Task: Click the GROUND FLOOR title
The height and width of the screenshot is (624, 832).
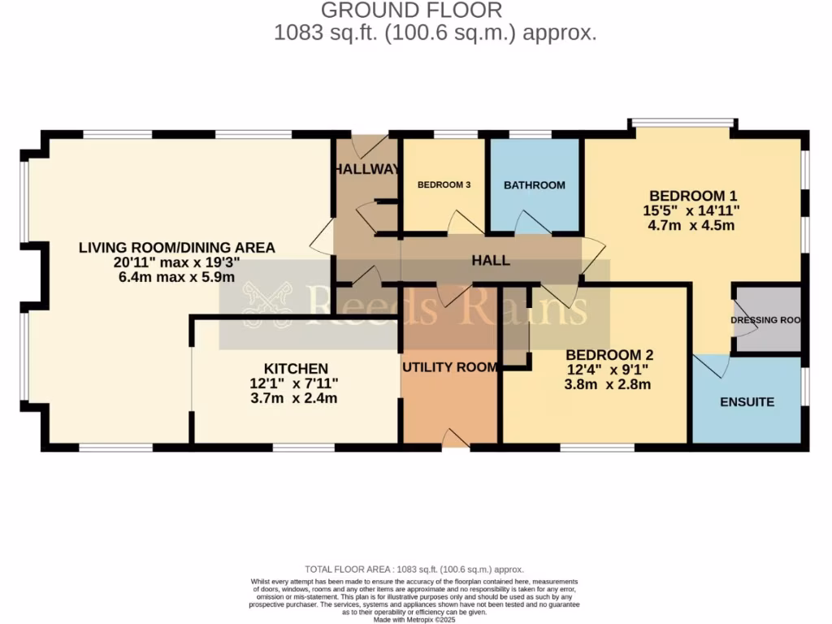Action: pos(411,11)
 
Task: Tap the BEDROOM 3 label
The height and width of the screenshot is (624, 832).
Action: pos(444,185)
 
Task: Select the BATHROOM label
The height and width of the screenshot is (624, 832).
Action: pos(534,185)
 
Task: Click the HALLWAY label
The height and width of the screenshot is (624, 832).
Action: pos(367,170)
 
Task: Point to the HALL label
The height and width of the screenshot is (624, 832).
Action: pos(492,261)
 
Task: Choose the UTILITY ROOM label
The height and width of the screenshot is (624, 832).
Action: pos(450,367)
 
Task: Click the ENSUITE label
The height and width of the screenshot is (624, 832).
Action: pos(747,402)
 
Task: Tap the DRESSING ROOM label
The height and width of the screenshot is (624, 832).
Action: pos(765,320)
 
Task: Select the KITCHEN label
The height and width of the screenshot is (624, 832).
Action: pos(296,369)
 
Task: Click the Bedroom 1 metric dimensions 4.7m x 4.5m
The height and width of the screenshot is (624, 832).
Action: pos(692,225)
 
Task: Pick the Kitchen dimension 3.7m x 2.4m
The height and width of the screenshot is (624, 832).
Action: pos(294,398)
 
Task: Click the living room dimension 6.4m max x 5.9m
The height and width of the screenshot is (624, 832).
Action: pos(176,277)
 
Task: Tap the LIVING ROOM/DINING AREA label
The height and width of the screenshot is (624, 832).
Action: pos(176,248)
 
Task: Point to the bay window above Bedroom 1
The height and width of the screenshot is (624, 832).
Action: pos(682,123)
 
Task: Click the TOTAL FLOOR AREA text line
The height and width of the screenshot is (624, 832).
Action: pos(414,570)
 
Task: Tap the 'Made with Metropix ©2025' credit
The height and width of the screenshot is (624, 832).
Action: pos(414,620)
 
